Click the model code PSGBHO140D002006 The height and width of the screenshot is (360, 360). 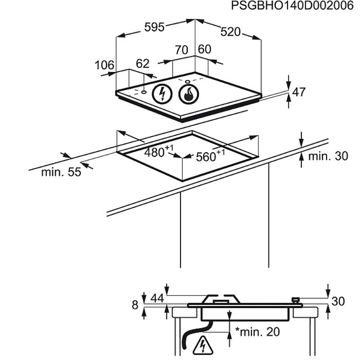tap(292, 6)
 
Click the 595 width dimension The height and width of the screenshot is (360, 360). tap(154, 27)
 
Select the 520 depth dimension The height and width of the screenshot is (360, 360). tap(230, 32)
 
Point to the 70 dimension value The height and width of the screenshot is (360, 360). tap(182, 50)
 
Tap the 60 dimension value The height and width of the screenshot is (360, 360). tap(204, 49)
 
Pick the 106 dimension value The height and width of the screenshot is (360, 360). tap(104, 65)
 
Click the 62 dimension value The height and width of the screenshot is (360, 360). tap(142, 64)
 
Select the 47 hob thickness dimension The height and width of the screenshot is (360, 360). tap(299, 92)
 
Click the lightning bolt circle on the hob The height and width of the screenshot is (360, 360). tap(162, 94)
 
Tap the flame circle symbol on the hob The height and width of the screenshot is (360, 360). tap(189, 94)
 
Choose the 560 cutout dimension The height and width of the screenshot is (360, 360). tap(210, 156)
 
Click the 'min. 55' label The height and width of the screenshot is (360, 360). tap(61, 172)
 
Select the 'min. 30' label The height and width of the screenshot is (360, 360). tap(328, 156)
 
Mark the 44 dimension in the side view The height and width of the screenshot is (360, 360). tap(157, 298)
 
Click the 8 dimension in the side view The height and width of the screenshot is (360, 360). tap(135, 305)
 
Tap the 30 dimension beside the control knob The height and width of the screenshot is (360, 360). tap(338, 301)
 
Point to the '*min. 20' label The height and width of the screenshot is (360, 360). tap(258, 332)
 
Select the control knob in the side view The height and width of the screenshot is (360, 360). tap(296, 300)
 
